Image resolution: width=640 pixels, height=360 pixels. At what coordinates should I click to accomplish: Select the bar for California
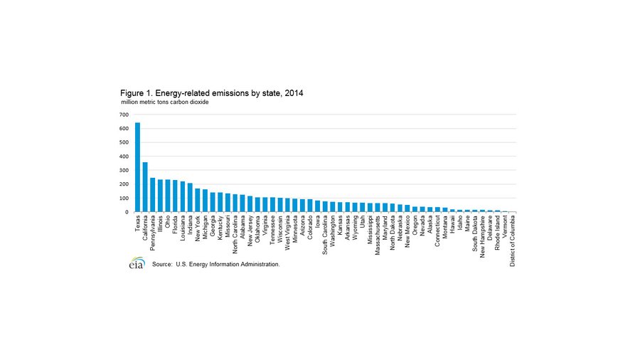pyautogui.click(x=145, y=187)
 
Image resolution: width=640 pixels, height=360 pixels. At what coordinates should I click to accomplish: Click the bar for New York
pyautogui.click(x=198, y=200)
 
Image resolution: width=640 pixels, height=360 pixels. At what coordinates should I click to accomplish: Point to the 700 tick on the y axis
pyautogui.click(x=124, y=115)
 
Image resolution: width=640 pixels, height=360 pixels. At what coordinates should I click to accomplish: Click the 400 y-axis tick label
pyautogui.click(x=124, y=157)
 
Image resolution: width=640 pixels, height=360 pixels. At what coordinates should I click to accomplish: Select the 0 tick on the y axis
pyautogui.click(x=127, y=212)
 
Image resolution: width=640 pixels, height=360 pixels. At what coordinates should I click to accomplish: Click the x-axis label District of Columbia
pyautogui.click(x=512, y=240)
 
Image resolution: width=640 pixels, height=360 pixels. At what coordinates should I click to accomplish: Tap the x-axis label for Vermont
pyautogui.click(x=505, y=227)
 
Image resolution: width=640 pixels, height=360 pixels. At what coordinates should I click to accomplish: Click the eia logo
pyautogui.click(x=137, y=264)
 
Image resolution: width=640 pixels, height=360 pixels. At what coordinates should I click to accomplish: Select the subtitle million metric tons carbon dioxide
pyautogui.click(x=164, y=103)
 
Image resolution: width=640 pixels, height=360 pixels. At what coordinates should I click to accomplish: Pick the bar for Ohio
pyautogui.click(x=167, y=196)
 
